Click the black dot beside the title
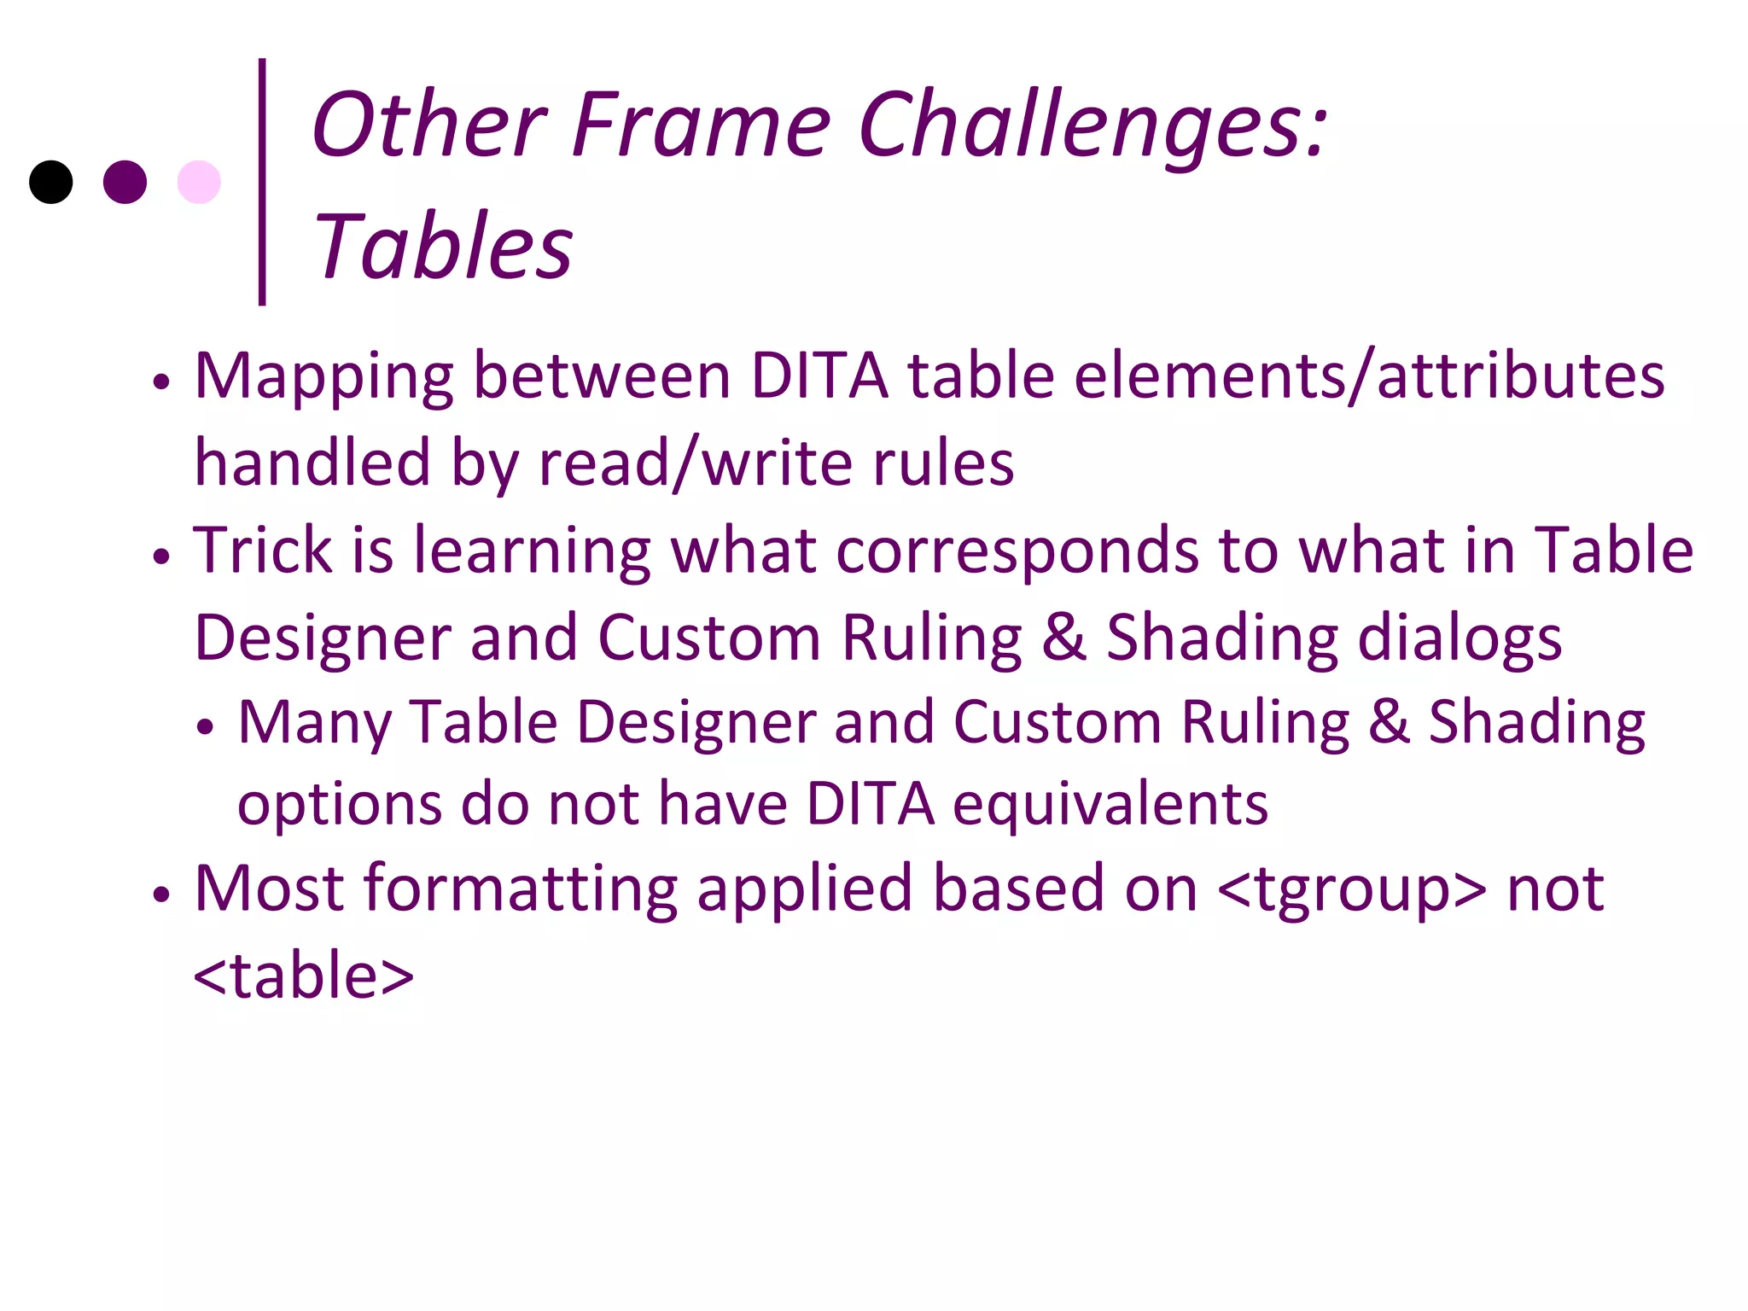(x=50, y=182)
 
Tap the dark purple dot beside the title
(x=125, y=182)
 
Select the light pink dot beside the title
(x=199, y=182)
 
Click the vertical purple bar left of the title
(x=262, y=181)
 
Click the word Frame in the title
(x=701, y=125)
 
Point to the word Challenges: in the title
(x=1092, y=125)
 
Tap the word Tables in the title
(x=443, y=247)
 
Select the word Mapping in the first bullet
(x=323, y=377)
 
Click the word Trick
(x=263, y=550)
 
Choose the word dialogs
(x=1460, y=638)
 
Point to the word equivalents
(x=1110, y=805)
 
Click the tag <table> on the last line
(x=304, y=976)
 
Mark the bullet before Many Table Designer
(x=204, y=727)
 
